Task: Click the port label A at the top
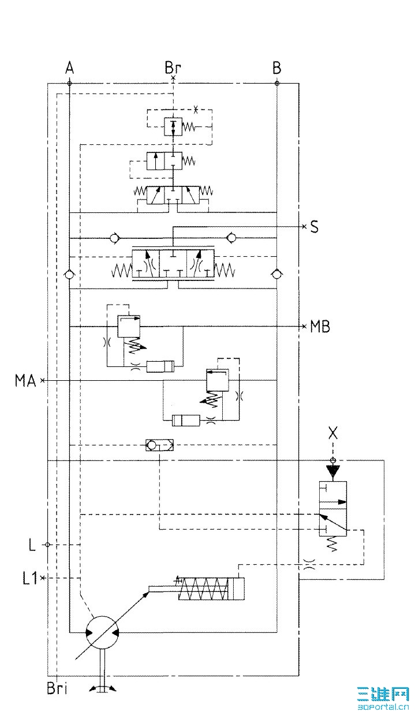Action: pyautogui.click(x=69, y=68)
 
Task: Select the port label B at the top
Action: pyautogui.click(x=277, y=68)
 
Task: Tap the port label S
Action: pyautogui.click(x=314, y=227)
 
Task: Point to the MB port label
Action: pyautogui.click(x=320, y=327)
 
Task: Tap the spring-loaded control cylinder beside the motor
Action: pyautogui.click(x=211, y=589)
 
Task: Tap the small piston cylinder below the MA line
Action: pyautogui.click(x=186, y=420)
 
